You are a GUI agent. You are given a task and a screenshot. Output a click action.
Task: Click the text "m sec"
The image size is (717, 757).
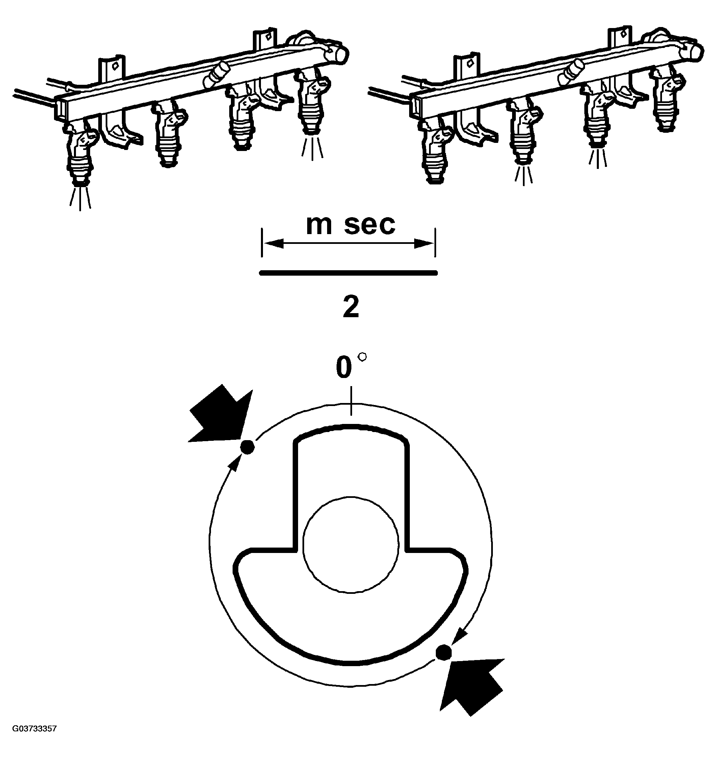pos(350,225)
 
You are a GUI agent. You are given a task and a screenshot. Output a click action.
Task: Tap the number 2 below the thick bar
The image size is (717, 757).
pos(351,307)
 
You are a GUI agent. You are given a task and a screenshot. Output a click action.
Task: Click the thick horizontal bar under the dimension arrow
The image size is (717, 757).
pos(348,273)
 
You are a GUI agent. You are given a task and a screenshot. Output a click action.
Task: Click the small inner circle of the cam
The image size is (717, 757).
pos(351,545)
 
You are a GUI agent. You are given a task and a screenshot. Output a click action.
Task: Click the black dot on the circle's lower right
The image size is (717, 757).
pos(444,651)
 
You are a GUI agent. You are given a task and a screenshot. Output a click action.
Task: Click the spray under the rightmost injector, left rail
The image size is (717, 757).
pos(312,147)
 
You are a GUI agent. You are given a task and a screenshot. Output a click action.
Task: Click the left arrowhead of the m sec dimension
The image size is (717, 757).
pos(274,243)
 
